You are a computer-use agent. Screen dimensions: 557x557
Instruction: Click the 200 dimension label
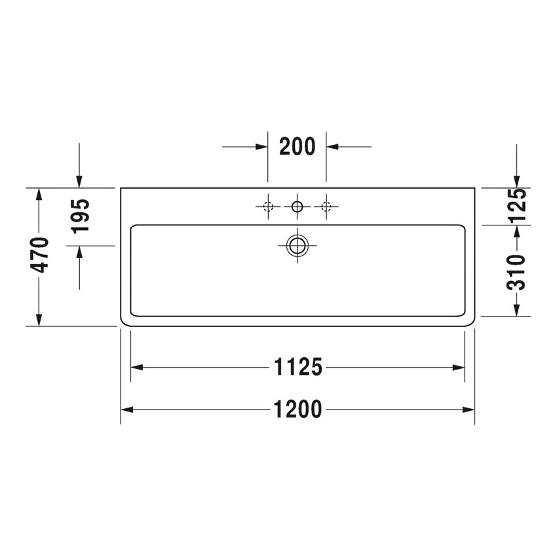(297, 146)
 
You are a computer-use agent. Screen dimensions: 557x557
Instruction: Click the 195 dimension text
(80, 216)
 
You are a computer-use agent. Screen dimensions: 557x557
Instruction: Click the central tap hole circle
(297, 207)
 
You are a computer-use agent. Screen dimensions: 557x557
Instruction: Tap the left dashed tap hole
(267, 207)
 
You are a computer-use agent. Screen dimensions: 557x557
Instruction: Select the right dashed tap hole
(326, 207)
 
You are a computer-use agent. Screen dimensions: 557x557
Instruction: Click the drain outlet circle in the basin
(297, 246)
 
